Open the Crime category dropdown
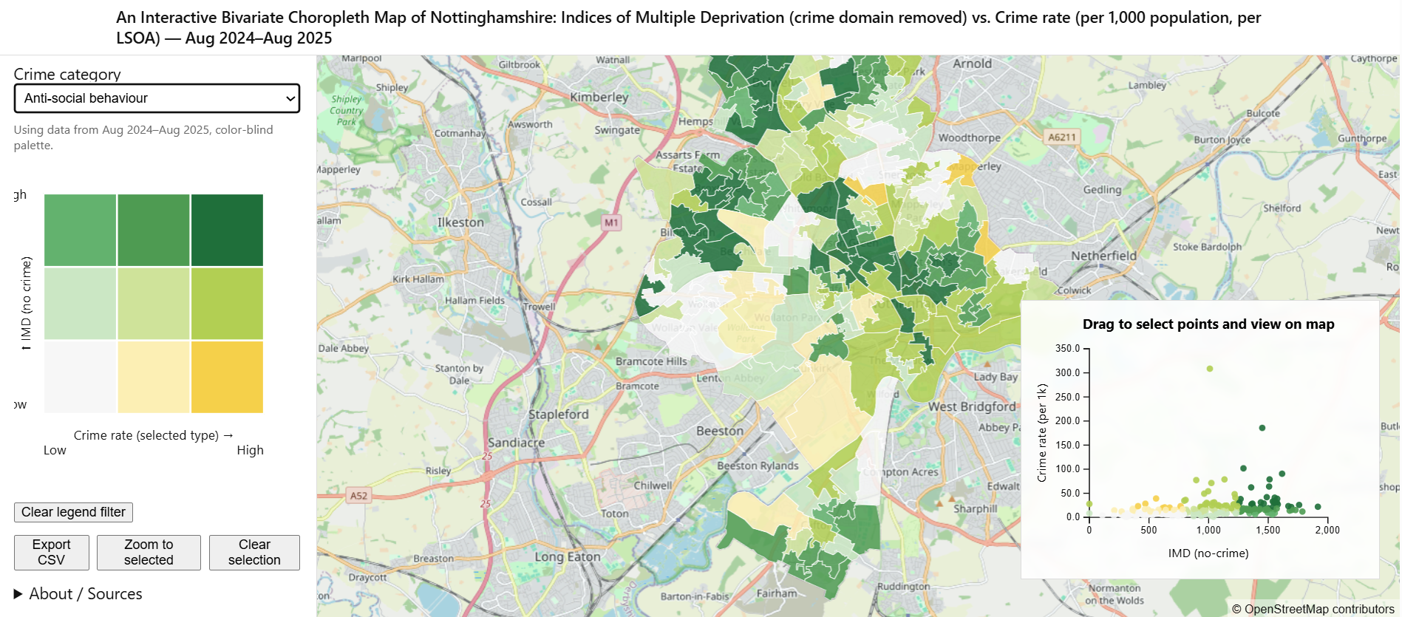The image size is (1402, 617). coord(157,98)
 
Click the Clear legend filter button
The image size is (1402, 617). coord(73,512)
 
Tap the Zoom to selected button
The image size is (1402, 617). coord(149,552)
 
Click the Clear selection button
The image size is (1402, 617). coord(254,552)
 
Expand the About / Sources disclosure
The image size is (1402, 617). coord(78,594)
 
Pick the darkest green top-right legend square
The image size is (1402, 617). coord(227,230)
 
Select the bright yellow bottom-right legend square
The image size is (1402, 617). coord(227,377)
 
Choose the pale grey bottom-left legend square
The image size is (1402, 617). coord(80,377)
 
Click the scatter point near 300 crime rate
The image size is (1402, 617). coord(1209,369)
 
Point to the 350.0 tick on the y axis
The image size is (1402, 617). coord(1067,348)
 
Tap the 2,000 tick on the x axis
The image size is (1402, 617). coord(1327,530)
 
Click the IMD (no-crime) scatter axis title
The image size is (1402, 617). coord(1208,553)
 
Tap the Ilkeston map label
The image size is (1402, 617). coord(460,222)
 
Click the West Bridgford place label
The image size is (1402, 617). coord(971,406)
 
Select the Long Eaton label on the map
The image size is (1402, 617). coord(567,556)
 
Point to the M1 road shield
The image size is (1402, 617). coord(611,222)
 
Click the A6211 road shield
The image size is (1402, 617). coord(1062,137)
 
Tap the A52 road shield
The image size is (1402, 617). coord(358,496)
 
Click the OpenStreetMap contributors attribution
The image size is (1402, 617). coord(1313,609)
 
